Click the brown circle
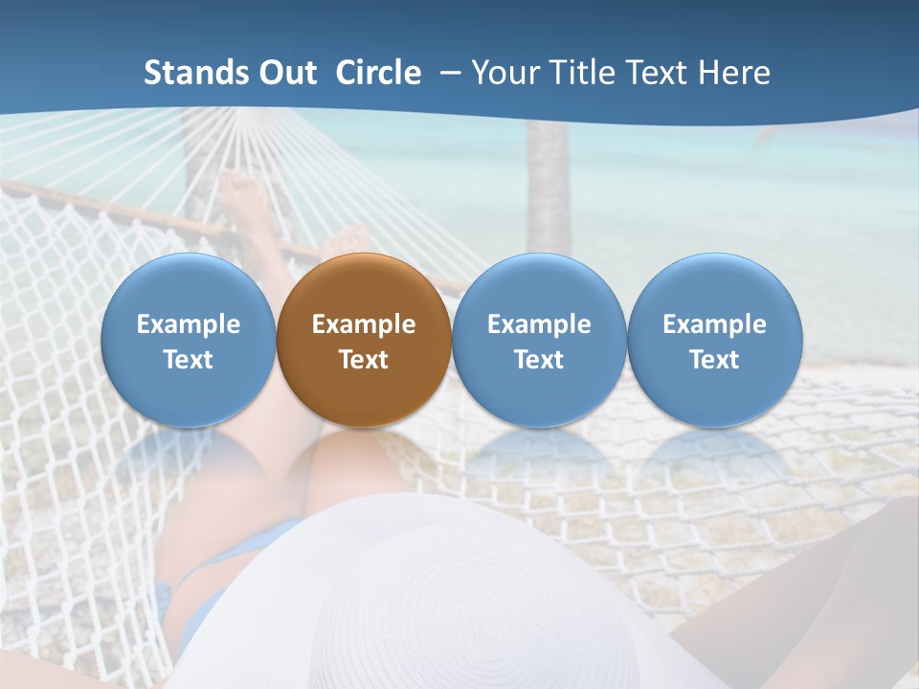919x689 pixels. tap(364, 340)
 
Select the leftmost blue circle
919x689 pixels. tap(188, 340)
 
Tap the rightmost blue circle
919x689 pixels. tap(714, 340)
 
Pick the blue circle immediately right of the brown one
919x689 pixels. tap(539, 340)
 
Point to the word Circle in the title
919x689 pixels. tap(378, 73)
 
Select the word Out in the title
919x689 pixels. tap(285, 73)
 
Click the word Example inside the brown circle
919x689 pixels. tap(364, 324)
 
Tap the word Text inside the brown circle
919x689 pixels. tap(364, 360)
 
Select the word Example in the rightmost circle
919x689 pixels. tap(714, 324)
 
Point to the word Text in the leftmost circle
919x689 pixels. tap(188, 360)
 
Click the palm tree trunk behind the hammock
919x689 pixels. tap(549, 191)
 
